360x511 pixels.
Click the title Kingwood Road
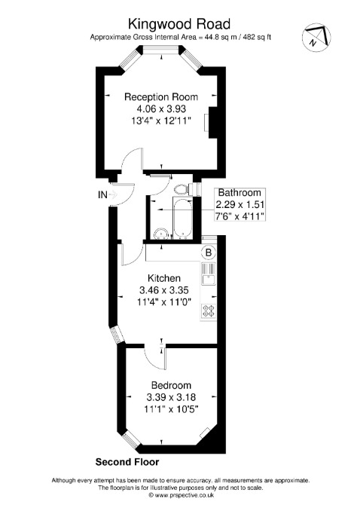pyautogui.click(x=179, y=24)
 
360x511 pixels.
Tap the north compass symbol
pyautogui.click(x=316, y=36)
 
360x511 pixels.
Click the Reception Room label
pyautogui.click(x=161, y=96)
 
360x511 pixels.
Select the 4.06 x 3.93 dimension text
pyautogui.click(x=161, y=109)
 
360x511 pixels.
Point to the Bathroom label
pyautogui.click(x=239, y=192)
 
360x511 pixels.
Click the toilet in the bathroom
pyautogui.click(x=181, y=189)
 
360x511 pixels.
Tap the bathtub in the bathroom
pyautogui.click(x=183, y=217)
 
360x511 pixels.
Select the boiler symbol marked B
pyautogui.click(x=209, y=252)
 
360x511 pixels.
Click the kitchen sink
pyautogui.click(x=209, y=274)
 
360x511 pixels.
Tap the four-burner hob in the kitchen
pyautogui.click(x=209, y=311)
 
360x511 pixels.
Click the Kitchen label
pyautogui.click(x=164, y=278)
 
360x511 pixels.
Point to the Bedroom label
pyautogui.click(x=172, y=385)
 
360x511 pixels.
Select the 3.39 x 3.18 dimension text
pyautogui.click(x=171, y=397)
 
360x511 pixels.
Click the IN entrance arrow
pyautogui.click(x=113, y=195)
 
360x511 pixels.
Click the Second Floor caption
pyautogui.click(x=127, y=462)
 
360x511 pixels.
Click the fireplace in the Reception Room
pyautogui.click(x=212, y=123)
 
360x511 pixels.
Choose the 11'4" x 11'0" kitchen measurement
pyautogui.click(x=164, y=301)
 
